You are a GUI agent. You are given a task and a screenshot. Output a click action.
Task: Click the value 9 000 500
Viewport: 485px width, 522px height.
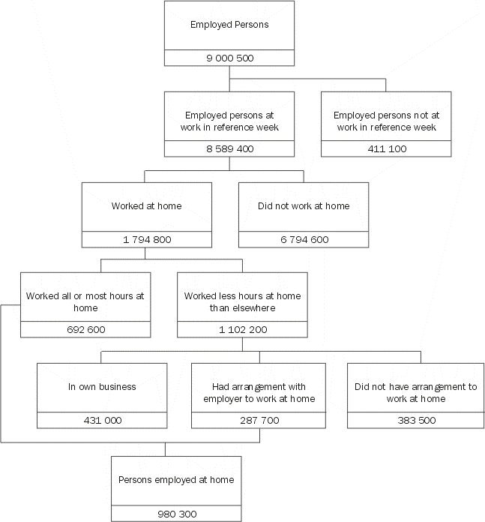tap(230, 58)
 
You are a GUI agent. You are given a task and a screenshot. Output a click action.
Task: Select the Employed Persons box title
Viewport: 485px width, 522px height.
tap(230, 25)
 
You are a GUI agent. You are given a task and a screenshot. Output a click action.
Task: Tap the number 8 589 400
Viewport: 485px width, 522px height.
tap(230, 149)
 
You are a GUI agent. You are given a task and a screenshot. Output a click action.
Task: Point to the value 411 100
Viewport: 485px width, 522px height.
tap(386, 149)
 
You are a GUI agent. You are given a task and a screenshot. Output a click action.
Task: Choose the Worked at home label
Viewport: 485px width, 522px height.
tap(146, 206)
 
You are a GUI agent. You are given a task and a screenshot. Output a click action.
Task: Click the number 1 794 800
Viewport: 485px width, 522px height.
tap(146, 240)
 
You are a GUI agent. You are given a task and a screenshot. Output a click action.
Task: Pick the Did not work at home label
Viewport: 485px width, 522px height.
tap(304, 206)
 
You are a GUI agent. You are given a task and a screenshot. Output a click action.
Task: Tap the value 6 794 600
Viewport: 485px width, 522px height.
tap(304, 240)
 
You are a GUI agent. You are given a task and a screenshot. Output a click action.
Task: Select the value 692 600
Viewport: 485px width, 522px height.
tap(85, 330)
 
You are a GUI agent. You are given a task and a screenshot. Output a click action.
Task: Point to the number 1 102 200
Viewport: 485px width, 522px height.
tap(242, 330)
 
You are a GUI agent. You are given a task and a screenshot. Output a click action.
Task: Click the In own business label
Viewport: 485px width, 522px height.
tap(102, 387)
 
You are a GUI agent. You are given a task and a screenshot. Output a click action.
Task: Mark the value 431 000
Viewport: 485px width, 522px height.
tap(102, 421)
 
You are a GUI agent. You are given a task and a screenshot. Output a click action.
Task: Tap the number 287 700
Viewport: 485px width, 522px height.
tap(259, 421)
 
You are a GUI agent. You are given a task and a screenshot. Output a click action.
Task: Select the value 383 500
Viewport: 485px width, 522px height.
tap(415, 421)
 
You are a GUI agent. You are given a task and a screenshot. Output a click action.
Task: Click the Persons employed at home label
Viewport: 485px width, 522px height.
tap(177, 480)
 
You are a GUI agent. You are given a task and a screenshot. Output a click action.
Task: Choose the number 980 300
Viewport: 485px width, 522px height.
tap(177, 514)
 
